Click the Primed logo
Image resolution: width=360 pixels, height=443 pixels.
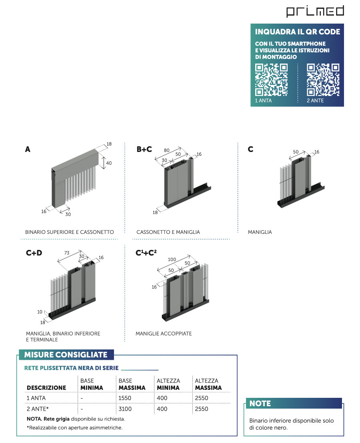(315, 11)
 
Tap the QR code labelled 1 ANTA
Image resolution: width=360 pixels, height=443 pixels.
(272, 80)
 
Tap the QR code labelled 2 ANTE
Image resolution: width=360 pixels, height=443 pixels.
(323, 80)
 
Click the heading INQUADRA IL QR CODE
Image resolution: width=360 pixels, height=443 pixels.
(298, 32)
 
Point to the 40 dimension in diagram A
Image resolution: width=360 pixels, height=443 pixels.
(109, 163)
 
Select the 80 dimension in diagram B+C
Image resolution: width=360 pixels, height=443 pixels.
(167, 150)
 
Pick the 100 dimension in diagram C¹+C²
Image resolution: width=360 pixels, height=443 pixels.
(172, 259)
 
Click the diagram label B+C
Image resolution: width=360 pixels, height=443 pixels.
(144, 149)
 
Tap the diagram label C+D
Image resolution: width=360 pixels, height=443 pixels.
(34, 252)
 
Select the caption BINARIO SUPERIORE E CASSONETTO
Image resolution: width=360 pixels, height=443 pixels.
(70, 232)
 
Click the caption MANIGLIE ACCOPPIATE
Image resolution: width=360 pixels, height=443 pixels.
(164, 333)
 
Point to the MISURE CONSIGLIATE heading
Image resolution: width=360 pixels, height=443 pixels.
(66, 355)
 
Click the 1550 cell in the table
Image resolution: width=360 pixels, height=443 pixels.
(125, 398)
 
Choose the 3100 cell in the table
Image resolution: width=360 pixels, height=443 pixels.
(125, 409)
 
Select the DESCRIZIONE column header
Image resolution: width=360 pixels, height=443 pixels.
(46, 388)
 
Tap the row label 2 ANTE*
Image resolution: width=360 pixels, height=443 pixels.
(38, 409)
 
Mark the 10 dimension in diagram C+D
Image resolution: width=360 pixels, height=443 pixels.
(40, 311)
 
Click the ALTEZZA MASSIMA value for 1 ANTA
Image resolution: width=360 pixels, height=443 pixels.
(202, 398)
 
